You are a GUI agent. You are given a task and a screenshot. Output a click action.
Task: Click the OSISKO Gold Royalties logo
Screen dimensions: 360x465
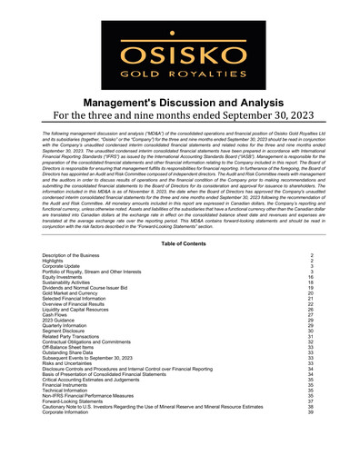tap(179, 46)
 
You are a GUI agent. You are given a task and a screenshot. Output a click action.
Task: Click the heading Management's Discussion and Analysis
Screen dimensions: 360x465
tap(179, 104)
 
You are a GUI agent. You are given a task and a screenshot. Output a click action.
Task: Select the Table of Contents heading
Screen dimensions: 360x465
tap(179, 244)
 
